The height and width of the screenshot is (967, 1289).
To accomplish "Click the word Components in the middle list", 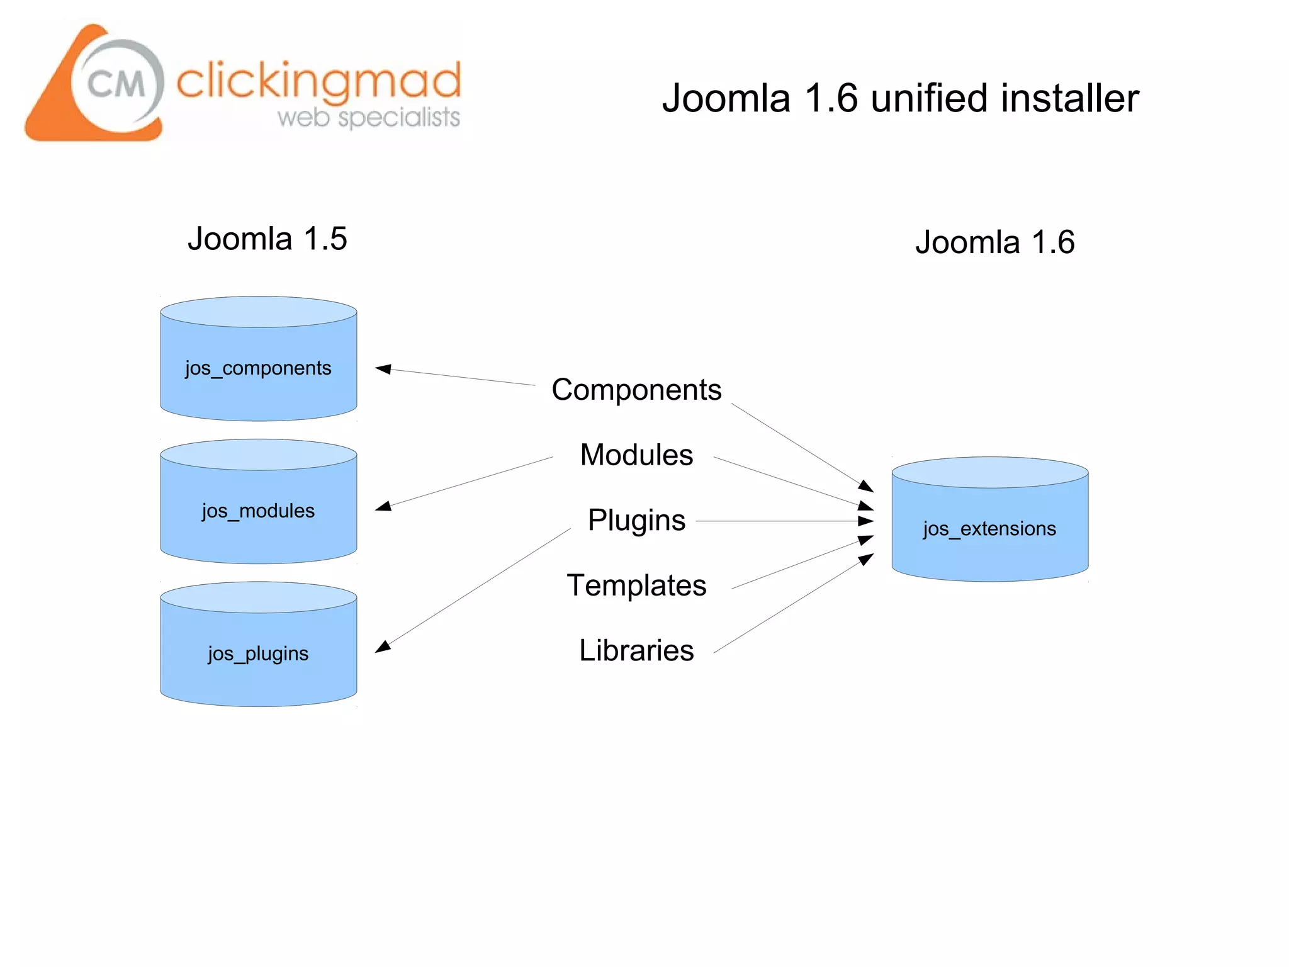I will (x=636, y=390).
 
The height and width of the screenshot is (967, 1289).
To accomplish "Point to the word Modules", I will (x=636, y=455).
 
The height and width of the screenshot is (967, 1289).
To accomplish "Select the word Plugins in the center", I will (x=636, y=521).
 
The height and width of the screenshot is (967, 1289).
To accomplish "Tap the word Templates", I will (x=636, y=585).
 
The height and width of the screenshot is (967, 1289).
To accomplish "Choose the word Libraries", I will (x=636, y=651).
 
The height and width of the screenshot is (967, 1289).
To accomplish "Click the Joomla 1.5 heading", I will (x=267, y=239).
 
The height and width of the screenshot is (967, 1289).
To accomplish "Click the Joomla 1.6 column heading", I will (x=995, y=242).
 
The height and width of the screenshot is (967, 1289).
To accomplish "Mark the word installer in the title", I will (x=1069, y=99).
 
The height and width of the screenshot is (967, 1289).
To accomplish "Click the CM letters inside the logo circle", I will (x=116, y=84).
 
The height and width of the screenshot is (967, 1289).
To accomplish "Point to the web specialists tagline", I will (x=369, y=118).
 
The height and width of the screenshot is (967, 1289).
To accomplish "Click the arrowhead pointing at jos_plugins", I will (x=383, y=647).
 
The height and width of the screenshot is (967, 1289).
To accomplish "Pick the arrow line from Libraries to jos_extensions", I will (x=793, y=604).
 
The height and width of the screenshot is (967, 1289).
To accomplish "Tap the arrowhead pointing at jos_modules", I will (x=383, y=506).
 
